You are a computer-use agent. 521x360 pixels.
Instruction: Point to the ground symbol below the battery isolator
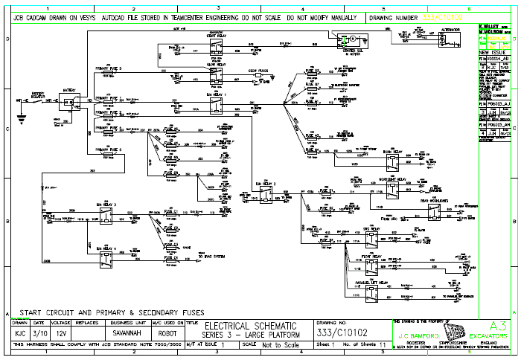(x=20, y=113)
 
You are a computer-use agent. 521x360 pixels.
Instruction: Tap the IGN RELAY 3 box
(x=107, y=215)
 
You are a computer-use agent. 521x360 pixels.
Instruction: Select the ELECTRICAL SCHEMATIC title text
(x=250, y=326)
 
